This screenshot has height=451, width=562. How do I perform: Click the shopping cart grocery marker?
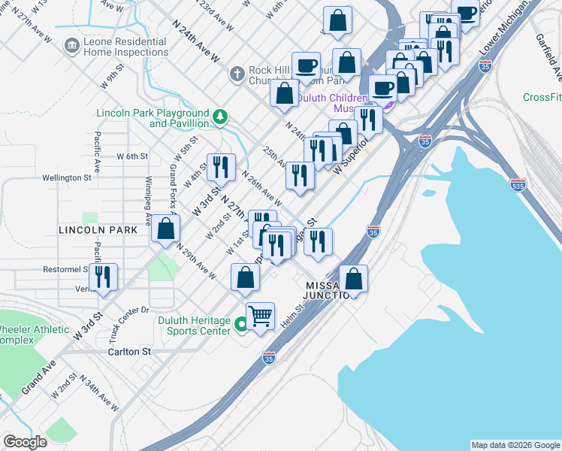coord(260,316)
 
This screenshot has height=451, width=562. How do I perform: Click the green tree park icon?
coord(220,116)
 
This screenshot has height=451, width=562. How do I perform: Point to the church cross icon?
coord(236,74)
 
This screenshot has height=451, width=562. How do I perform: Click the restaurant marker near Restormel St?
coord(103,277)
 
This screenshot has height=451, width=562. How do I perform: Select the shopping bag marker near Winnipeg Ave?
coord(165,229)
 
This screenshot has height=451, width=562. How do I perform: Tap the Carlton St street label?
coord(129,351)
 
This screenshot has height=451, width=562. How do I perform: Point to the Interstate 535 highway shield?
coord(518,184)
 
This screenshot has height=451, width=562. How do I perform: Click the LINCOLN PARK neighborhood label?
coord(98,230)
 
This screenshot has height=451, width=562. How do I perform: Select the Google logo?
coord(25,442)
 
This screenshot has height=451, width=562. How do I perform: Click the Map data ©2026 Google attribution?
coord(515,445)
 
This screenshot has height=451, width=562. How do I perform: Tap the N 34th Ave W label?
coord(98,394)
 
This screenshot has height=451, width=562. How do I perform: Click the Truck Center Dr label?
coord(119,316)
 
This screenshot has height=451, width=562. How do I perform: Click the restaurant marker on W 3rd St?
coord(221,168)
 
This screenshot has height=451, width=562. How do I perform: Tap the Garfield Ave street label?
coord(549,57)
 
